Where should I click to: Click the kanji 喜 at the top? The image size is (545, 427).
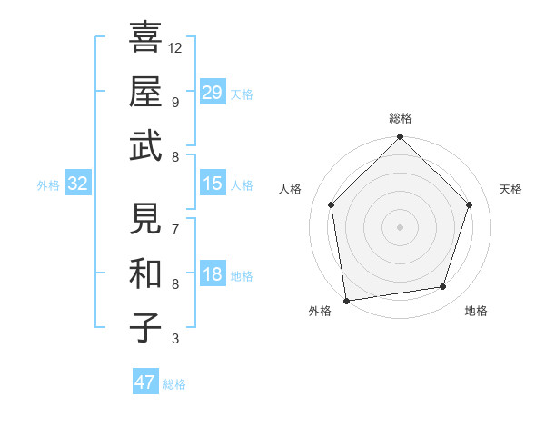(x=146, y=37)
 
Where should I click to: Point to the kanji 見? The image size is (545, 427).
(x=146, y=218)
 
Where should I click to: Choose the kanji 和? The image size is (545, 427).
(x=146, y=273)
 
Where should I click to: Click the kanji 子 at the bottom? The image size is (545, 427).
(x=146, y=327)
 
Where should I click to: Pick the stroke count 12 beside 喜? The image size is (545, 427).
(x=175, y=47)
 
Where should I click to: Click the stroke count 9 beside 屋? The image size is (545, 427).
(x=175, y=102)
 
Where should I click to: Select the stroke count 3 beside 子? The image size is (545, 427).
(x=175, y=339)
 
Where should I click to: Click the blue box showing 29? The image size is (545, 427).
(x=212, y=93)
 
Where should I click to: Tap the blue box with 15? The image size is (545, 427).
(x=212, y=184)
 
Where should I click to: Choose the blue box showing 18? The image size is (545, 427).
(x=212, y=274)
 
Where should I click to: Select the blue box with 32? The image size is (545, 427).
(x=78, y=184)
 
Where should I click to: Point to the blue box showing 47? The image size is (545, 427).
(x=145, y=382)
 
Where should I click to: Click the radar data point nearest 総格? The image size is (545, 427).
(x=400, y=138)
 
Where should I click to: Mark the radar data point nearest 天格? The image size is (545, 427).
(x=470, y=204)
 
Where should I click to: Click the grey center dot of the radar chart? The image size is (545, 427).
(x=400, y=227)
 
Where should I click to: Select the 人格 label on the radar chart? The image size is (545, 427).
(x=291, y=189)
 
